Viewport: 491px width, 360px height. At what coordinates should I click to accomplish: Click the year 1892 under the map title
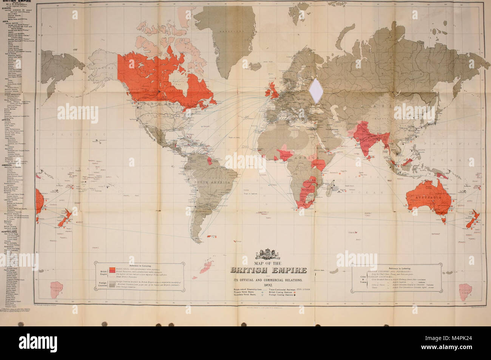tap(269, 284)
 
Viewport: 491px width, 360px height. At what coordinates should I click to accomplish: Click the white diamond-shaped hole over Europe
tap(314, 90)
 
